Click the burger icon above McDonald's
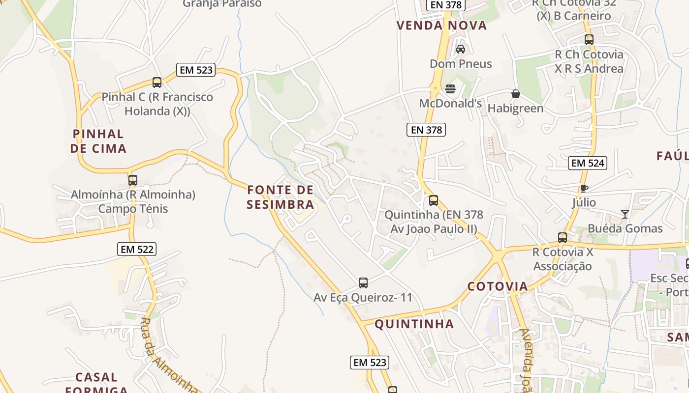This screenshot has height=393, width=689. [450, 89]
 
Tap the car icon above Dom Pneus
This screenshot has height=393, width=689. [461, 49]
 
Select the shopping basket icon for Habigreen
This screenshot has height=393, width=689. [515, 94]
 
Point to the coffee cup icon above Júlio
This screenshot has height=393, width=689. [584, 188]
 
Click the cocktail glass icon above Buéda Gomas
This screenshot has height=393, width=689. [625, 214]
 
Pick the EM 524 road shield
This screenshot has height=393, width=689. [588, 163]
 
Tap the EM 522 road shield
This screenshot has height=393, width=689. [137, 249]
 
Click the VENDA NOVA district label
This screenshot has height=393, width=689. [441, 26]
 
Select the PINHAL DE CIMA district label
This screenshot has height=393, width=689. [98, 141]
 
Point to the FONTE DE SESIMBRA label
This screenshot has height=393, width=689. [280, 197]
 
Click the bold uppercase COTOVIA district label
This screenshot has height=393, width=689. [497, 286]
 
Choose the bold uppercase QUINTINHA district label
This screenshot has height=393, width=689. [414, 324]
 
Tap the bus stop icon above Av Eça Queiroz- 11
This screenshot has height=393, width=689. [363, 283]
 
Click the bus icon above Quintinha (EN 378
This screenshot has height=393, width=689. [434, 200]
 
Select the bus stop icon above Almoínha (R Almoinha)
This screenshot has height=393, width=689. [133, 180]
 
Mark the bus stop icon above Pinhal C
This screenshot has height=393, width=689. [157, 83]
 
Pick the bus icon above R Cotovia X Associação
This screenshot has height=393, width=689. [563, 238]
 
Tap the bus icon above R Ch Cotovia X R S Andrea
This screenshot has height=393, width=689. [589, 40]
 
